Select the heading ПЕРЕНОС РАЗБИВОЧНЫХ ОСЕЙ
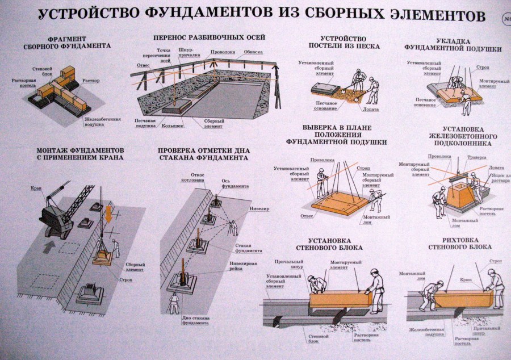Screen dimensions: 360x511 tap(210, 37)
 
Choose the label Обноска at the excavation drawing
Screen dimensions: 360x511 tap(253, 52)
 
